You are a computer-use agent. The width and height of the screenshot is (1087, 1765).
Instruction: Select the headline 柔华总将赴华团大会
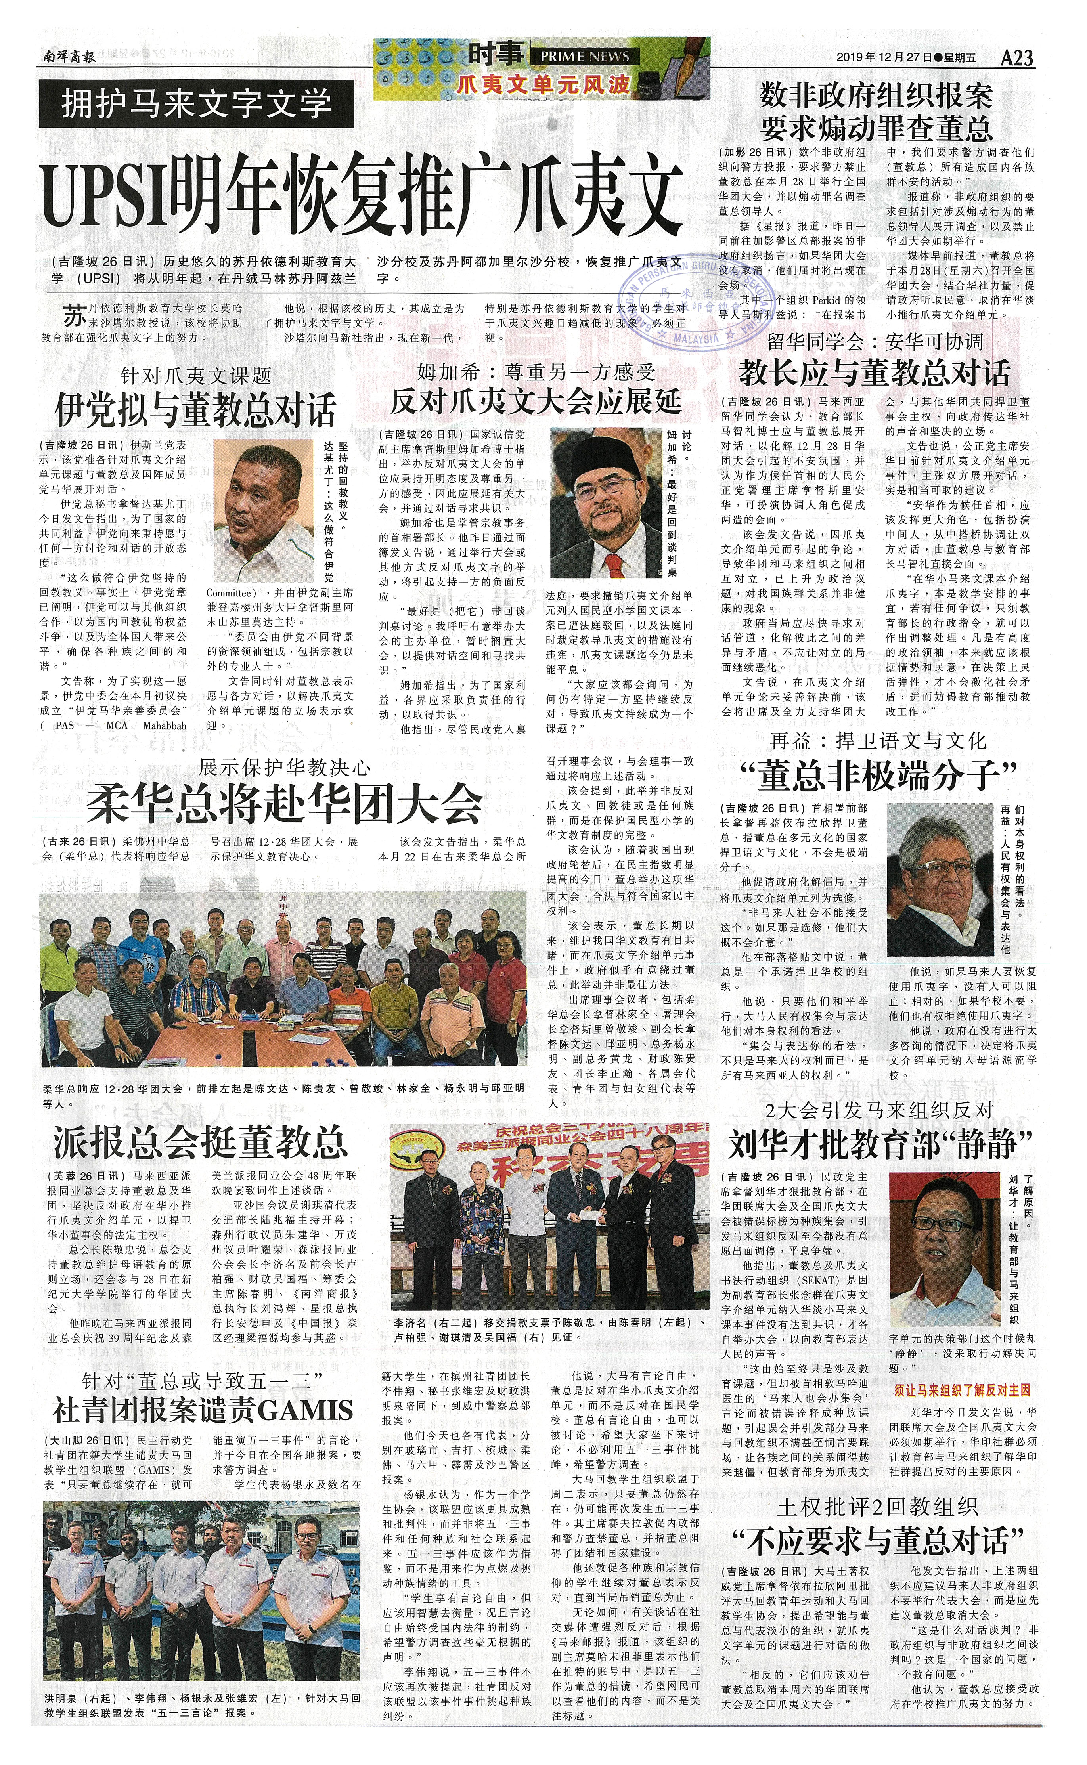[x=284, y=805]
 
